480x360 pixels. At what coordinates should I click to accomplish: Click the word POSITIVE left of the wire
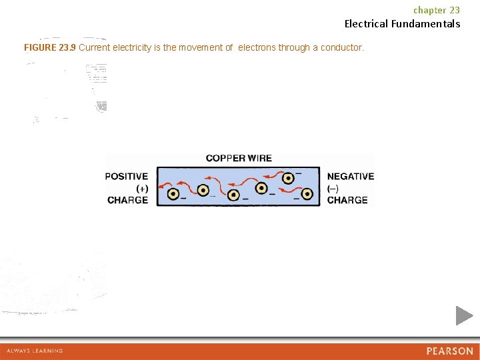[127, 177]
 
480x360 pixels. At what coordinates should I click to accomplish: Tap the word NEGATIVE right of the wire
[351, 177]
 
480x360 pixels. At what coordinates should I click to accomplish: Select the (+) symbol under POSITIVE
[142, 189]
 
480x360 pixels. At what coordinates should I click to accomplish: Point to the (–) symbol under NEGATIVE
[333, 189]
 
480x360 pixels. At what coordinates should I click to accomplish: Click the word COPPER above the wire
[225, 159]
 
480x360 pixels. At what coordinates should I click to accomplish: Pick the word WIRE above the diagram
[259, 159]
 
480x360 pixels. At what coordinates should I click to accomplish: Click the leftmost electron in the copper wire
[173, 195]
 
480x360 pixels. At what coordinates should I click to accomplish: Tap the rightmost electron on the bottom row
[307, 194]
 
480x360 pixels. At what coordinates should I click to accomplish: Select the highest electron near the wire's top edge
[288, 178]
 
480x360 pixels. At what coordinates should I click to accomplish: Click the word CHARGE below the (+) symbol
[128, 200]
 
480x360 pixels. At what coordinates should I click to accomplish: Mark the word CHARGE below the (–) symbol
[347, 200]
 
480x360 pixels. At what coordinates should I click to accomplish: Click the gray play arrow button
[464, 315]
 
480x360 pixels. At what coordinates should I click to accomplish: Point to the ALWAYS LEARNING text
[35, 351]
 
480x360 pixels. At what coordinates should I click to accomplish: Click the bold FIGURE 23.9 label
[50, 48]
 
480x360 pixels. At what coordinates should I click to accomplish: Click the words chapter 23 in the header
[437, 10]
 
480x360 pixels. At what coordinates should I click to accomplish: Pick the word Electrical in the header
[366, 24]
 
